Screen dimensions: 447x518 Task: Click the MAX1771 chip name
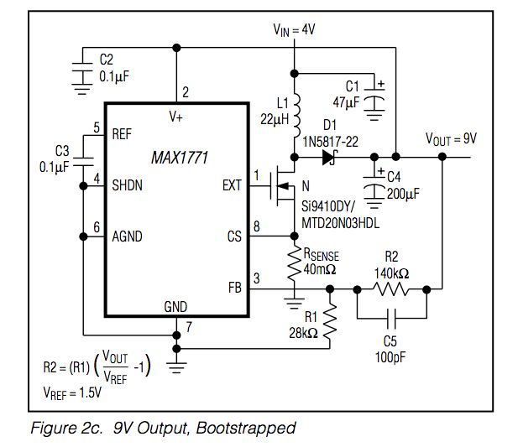point(179,157)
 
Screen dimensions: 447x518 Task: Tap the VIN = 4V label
point(293,29)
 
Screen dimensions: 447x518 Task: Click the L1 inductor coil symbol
point(295,113)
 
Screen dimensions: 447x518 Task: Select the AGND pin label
point(128,236)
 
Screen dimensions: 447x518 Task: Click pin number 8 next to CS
point(257,226)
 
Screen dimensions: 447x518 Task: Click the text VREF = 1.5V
point(71,392)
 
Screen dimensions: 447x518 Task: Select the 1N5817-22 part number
point(330,142)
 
